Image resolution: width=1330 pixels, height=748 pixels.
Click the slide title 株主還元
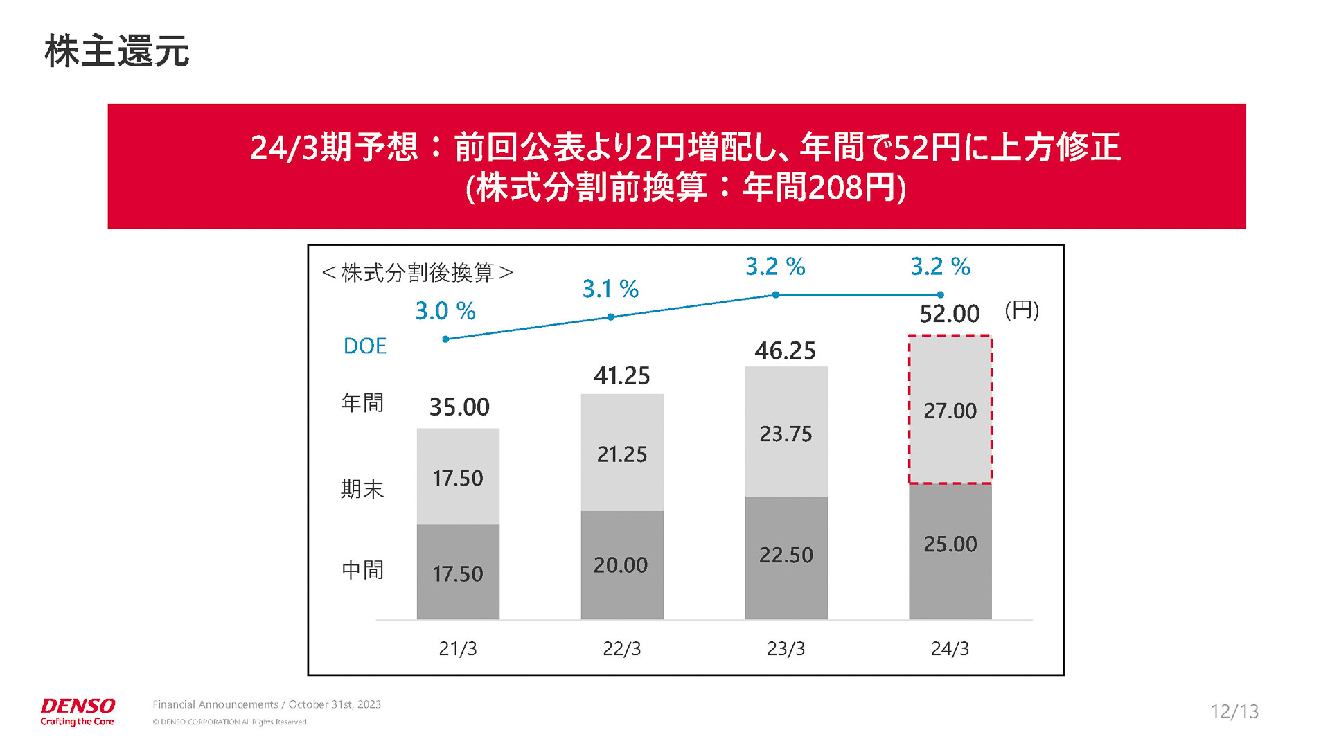click(x=116, y=52)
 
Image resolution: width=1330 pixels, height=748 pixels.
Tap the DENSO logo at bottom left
click(x=78, y=711)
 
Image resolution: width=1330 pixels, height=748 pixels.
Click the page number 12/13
click(x=1234, y=711)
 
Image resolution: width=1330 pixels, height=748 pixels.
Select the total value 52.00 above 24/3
click(x=949, y=314)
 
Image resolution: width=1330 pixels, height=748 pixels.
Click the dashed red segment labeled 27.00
click(x=950, y=410)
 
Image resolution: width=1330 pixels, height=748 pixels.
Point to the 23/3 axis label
click(x=786, y=649)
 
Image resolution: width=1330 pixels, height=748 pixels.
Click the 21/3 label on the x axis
click(x=457, y=649)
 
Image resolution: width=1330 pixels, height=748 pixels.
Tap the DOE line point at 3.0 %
click(x=445, y=339)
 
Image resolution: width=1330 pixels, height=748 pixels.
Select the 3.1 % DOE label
click(x=610, y=289)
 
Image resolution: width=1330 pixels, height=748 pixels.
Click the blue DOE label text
click(x=365, y=346)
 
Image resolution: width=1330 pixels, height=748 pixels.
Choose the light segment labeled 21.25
click(x=621, y=454)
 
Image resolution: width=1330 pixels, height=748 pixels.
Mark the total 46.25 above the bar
click(x=785, y=351)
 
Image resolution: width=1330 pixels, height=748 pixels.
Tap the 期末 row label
click(x=362, y=490)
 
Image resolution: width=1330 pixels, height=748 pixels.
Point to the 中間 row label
click(x=362, y=570)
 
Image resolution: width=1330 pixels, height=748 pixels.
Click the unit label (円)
click(x=1022, y=310)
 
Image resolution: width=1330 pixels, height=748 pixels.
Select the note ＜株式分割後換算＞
click(x=417, y=273)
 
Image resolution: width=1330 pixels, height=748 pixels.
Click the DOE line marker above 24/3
click(x=940, y=295)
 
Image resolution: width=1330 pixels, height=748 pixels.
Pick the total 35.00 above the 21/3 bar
click(x=459, y=407)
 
